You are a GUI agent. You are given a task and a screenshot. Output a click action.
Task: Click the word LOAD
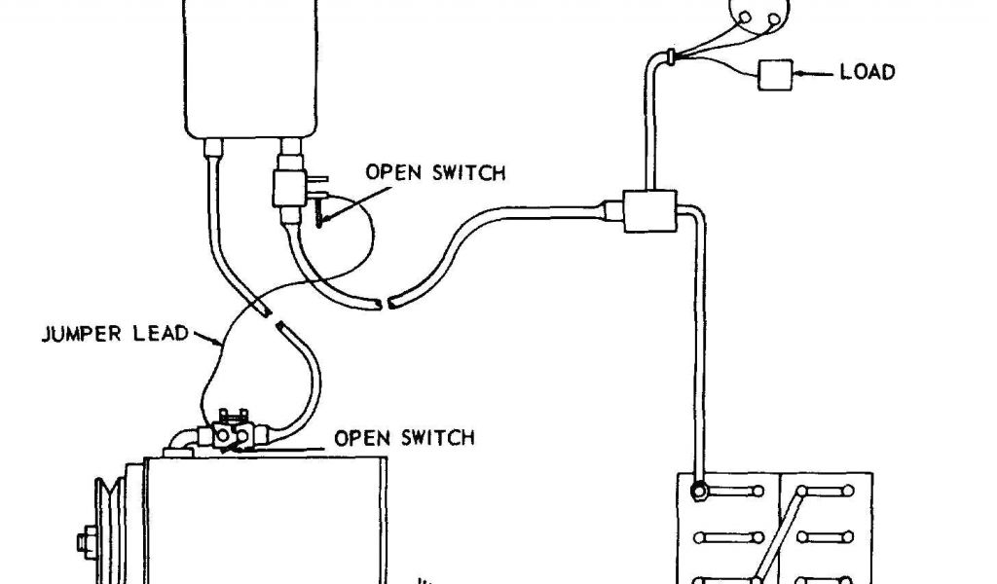868,72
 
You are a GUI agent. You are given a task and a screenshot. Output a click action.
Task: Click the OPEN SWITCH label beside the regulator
435,173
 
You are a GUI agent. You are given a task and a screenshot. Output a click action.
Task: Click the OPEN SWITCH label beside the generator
405,437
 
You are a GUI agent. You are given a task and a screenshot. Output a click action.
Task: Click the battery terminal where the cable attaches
697,491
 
